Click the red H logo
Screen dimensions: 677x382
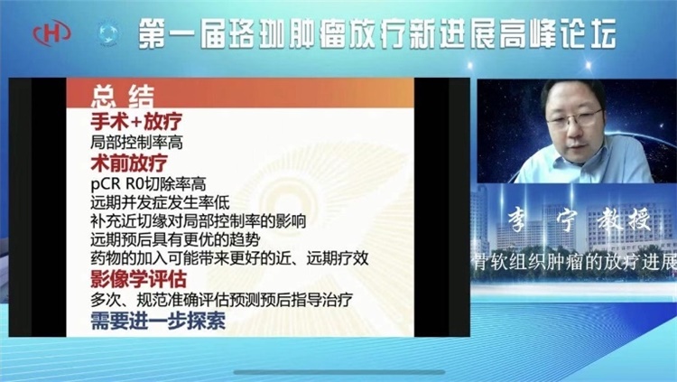point(51,33)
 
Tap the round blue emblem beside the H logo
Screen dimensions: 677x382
point(107,33)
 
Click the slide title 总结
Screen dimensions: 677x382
point(123,97)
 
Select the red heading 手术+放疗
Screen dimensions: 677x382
point(136,121)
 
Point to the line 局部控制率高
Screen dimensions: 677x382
point(136,142)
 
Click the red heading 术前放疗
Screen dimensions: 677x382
point(129,163)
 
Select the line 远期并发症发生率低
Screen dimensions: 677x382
point(160,202)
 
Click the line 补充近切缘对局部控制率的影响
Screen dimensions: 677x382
point(199,221)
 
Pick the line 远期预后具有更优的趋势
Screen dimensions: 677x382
point(175,239)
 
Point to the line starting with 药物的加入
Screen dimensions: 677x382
point(229,258)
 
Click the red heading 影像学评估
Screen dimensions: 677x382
point(138,279)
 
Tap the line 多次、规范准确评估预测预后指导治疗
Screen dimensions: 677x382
point(221,300)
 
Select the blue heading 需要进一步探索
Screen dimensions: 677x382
point(158,321)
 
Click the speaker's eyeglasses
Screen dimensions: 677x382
point(574,118)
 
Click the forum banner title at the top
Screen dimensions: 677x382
point(377,33)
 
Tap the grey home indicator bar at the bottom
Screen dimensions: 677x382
point(338,372)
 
